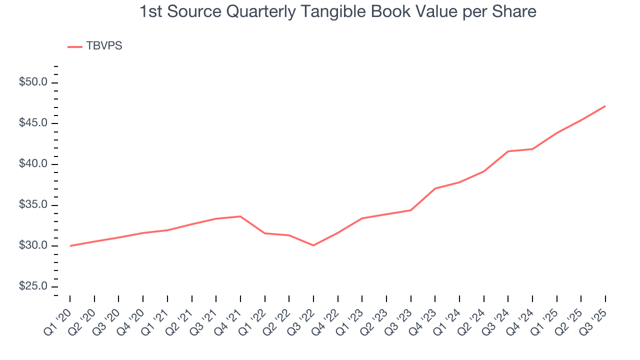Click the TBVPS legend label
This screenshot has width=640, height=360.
(104, 46)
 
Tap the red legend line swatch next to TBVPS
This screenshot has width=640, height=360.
(75, 46)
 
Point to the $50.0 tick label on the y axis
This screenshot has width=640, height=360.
(33, 82)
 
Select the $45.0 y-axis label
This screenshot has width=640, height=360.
(33, 123)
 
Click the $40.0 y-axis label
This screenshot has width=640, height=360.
(33, 164)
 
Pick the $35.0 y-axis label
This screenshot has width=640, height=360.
(33, 205)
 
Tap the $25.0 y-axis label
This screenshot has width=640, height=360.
(33, 286)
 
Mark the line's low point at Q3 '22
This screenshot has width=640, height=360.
(313, 245)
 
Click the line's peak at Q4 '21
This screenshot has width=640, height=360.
(240, 216)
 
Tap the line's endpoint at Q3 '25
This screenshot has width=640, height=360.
(605, 106)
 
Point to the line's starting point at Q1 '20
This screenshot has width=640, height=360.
(70, 246)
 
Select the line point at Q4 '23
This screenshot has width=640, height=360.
(435, 188)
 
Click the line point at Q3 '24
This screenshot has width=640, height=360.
(508, 151)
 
